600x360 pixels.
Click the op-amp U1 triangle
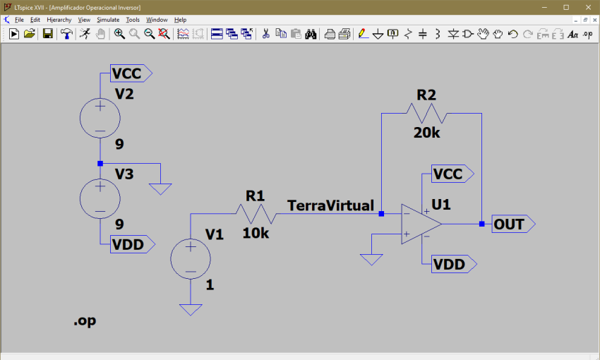click(x=421, y=224)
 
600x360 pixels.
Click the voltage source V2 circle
click(x=100, y=117)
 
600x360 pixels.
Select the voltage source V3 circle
click(x=100, y=198)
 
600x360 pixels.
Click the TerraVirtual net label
click(x=330, y=205)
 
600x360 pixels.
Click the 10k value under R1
click(x=256, y=232)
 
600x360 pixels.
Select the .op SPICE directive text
click(x=85, y=321)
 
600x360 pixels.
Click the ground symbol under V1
click(x=190, y=308)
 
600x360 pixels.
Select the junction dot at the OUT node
click(x=481, y=224)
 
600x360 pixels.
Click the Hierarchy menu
click(x=59, y=20)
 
